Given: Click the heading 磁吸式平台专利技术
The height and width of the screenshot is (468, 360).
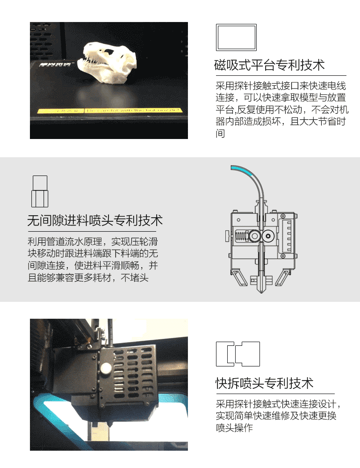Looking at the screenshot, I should [269, 65].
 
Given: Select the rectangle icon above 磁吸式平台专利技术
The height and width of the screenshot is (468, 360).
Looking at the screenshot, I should [237, 37].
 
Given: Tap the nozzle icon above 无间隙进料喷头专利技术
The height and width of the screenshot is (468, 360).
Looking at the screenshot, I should [40, 191].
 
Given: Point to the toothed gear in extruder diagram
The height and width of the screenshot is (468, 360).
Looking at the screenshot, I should [255, 237].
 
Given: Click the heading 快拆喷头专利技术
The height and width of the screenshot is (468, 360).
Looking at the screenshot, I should [264, 384].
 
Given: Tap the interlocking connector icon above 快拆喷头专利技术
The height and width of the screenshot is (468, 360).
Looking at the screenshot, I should [238, 354].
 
